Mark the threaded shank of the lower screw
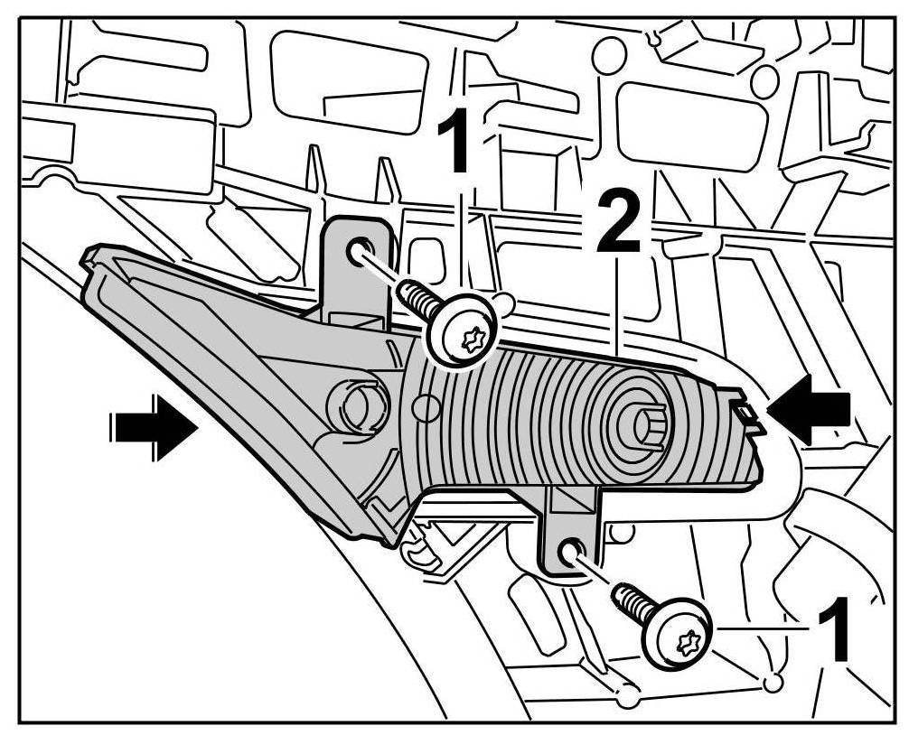(x=633, y=601)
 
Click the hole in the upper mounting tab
(x=359, y=250)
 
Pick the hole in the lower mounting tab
(x=569, y=552)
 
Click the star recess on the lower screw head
(x=685, y=642)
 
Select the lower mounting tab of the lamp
(x=571, y=533)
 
